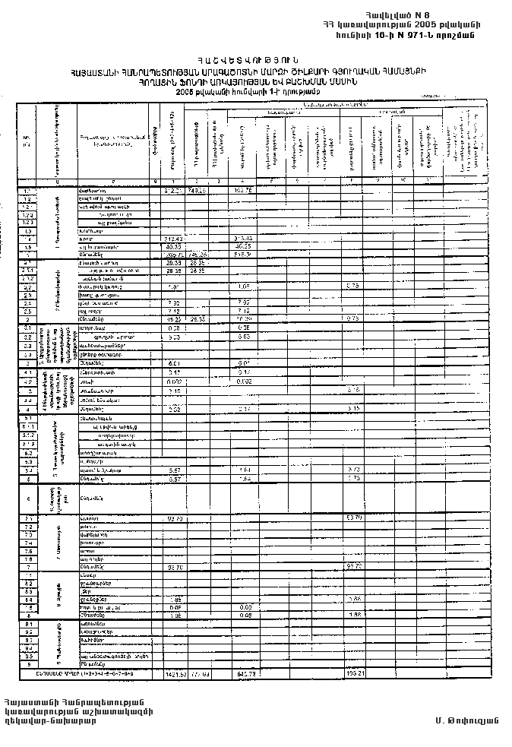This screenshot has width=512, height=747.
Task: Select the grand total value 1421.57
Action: point(175,673)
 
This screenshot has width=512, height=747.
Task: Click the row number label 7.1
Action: point(27,518)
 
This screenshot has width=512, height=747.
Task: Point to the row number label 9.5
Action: point(27,656)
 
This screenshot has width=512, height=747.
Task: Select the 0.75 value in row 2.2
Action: point(352,286)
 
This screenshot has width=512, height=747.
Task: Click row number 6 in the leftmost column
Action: point(27,499)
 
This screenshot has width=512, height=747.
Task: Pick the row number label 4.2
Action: point(27,381)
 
